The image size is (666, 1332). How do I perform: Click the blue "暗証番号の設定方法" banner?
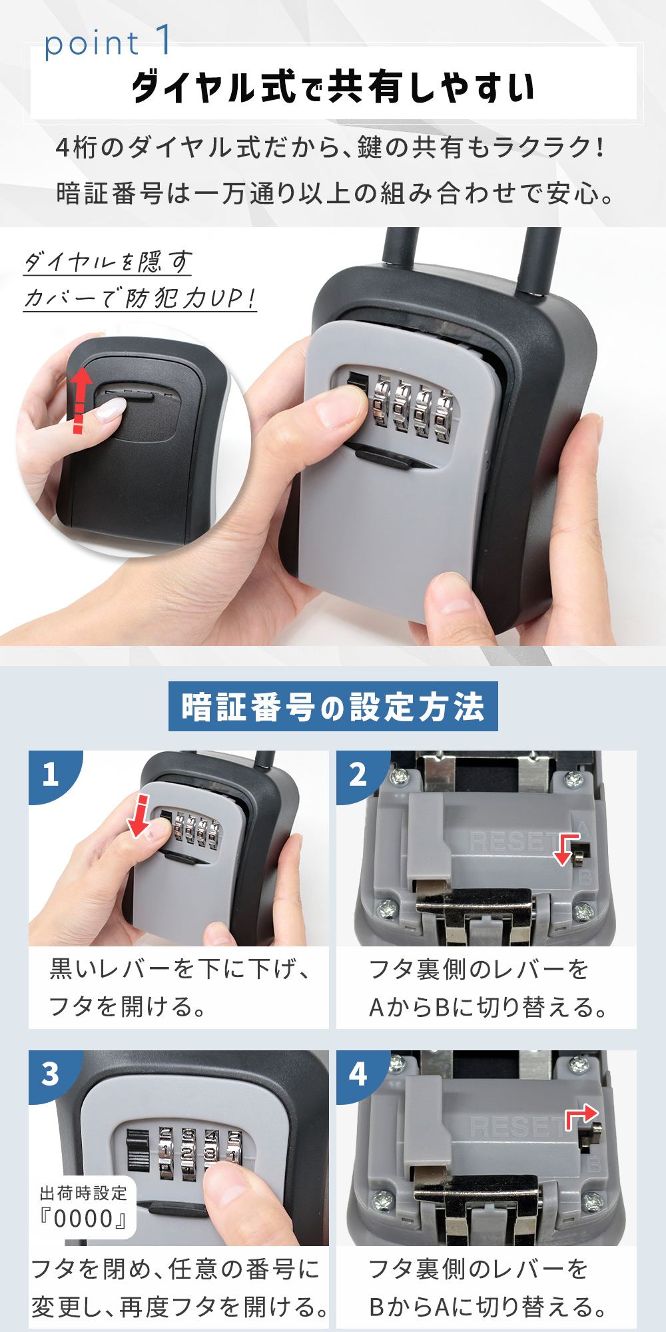[333, 707]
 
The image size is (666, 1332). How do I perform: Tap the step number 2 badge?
[358, 775]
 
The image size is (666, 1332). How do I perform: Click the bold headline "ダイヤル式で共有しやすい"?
[332, 87]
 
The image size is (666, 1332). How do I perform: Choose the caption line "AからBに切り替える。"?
[488, 1008]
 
